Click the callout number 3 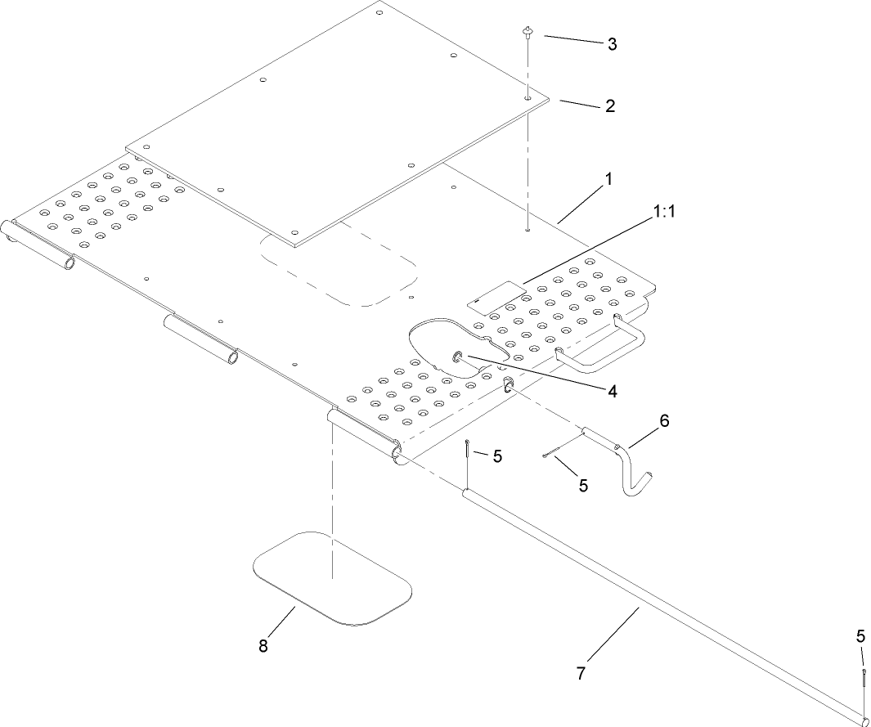coord(612,44)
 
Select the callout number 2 coord(609,105)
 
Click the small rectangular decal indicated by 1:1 coord(495,294)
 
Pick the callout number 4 coord(612,391)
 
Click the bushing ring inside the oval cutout coord(459,357)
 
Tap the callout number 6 coord(664,420)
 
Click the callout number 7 coord(581,673)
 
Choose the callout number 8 coord(263,646)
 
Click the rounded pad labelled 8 coord(333,578)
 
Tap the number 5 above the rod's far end coord(861,635)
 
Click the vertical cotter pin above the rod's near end coord(466,451)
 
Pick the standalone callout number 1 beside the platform coord(608,177)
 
